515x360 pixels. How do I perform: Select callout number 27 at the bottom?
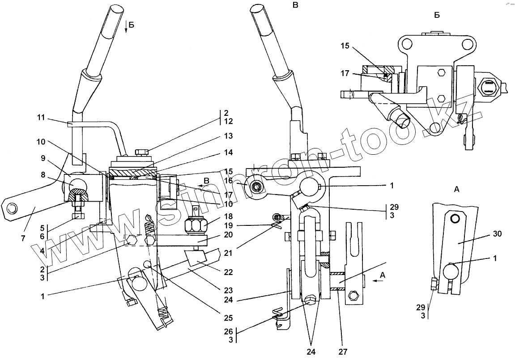(343, 352)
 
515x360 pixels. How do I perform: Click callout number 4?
(42, 251)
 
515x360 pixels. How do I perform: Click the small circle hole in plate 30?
(455, 219)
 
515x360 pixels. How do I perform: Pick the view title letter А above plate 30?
(456, 190)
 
